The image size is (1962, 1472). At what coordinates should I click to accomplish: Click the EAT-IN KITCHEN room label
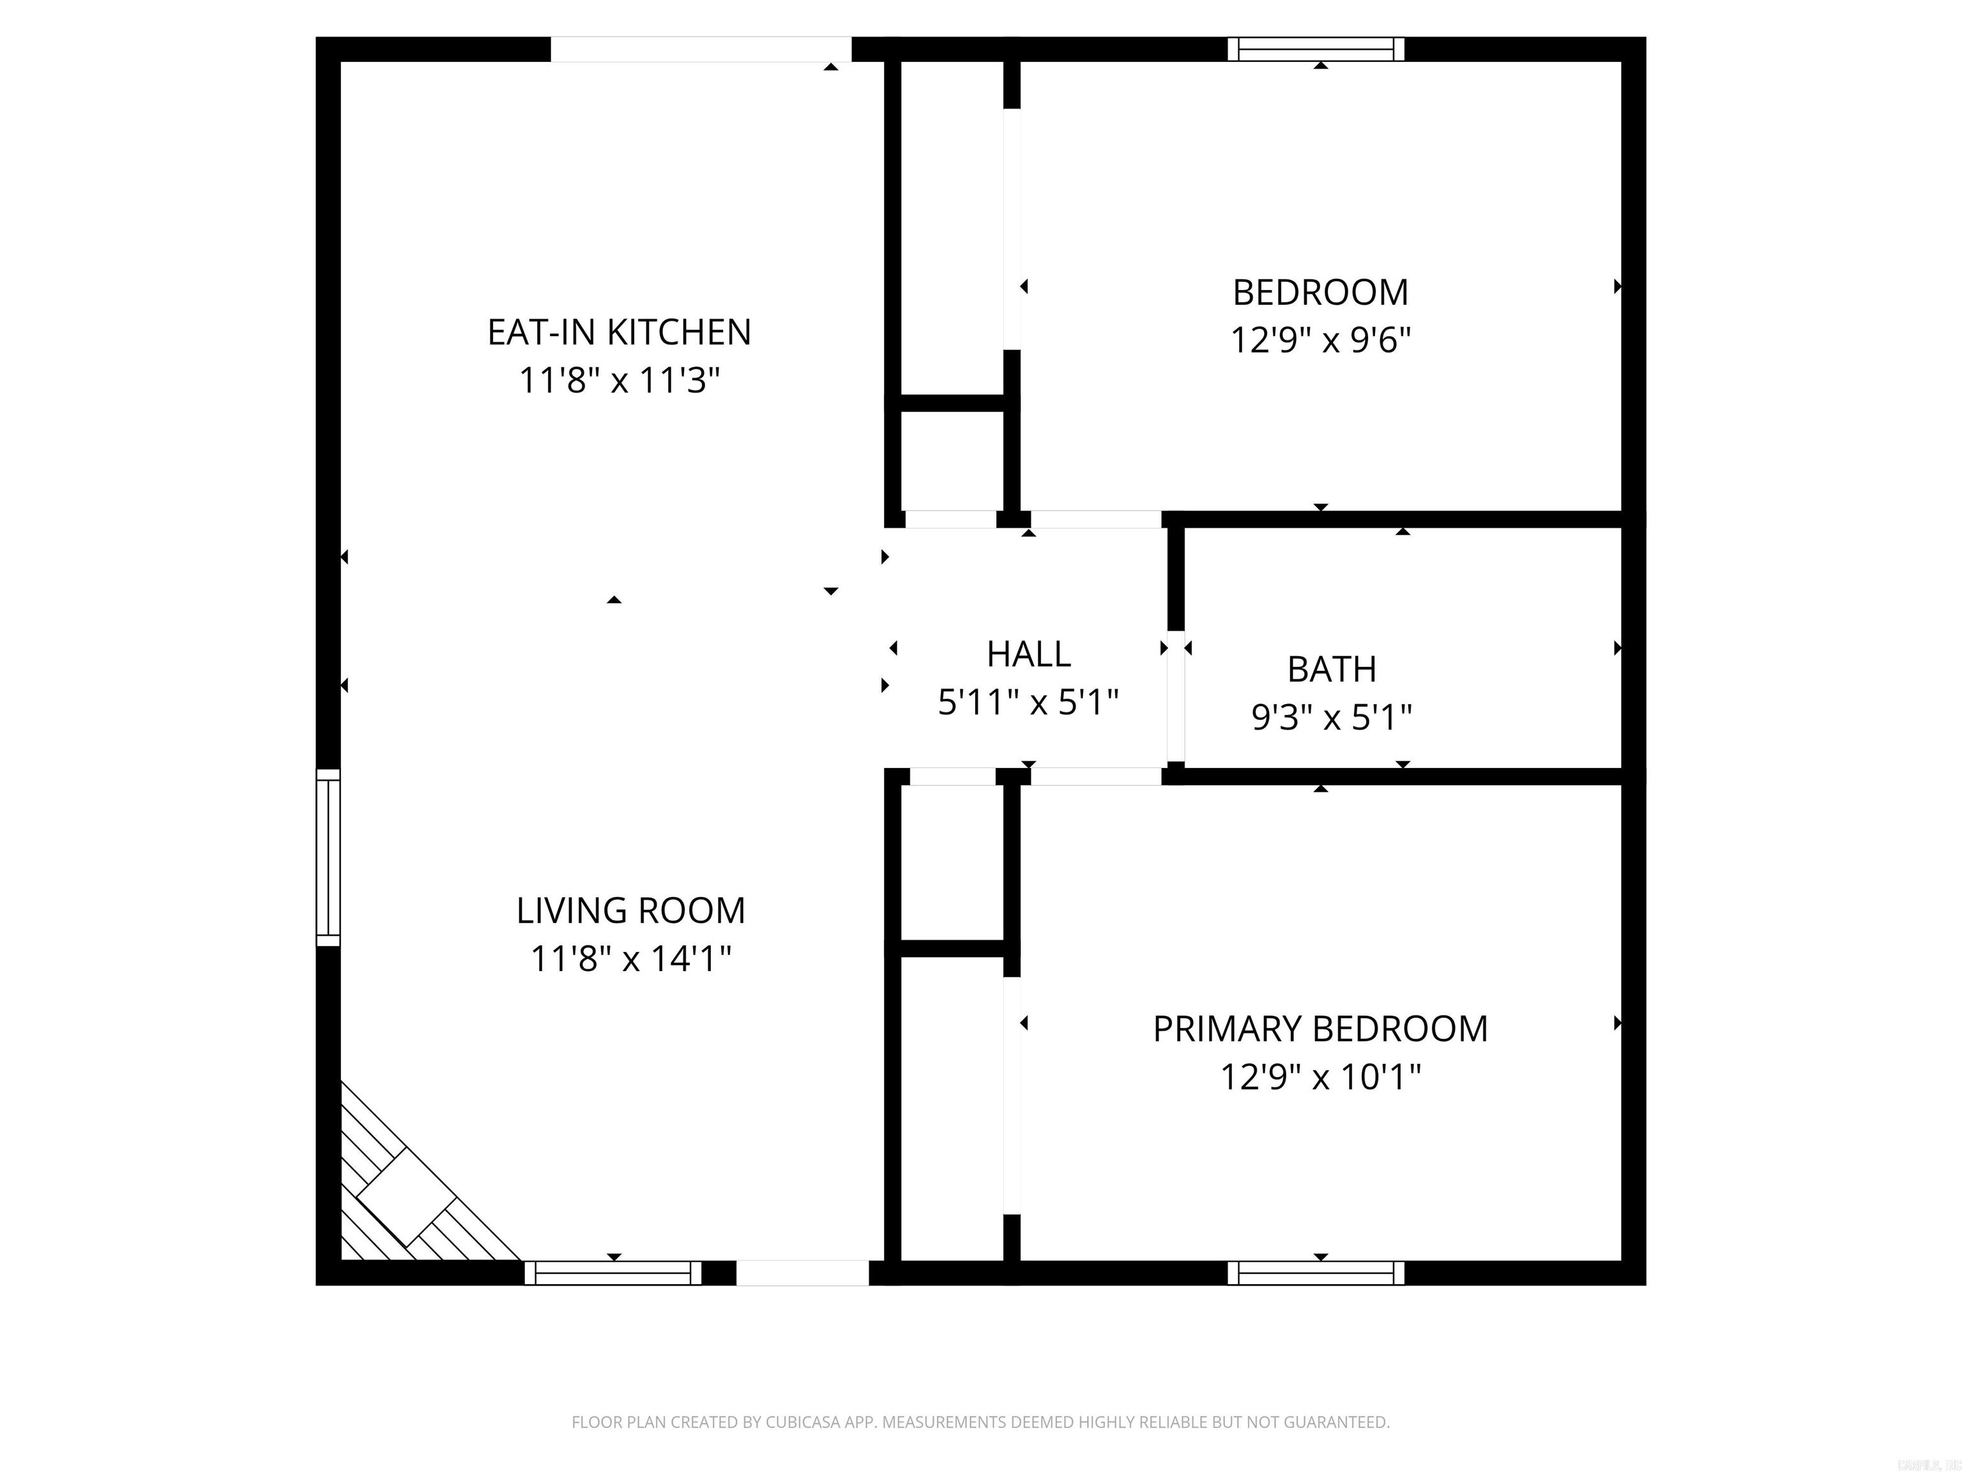(x=619, y=332)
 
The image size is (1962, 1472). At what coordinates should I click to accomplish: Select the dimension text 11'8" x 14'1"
(x=630, y=958)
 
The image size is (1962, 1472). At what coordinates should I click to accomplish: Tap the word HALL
(x=1028, y=654)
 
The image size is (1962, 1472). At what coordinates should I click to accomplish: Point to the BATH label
(x=1332, y=669)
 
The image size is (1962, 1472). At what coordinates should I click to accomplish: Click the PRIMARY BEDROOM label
(x=1320, y=1029)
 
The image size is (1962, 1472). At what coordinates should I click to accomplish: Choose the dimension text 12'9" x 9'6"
(x=1320, y=340)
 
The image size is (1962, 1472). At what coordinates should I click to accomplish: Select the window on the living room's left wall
(x=328, y=857)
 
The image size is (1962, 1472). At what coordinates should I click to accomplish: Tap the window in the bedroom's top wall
(x=1316, y=49)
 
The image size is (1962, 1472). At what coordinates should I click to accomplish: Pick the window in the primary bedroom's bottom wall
(x=1316, y=1273)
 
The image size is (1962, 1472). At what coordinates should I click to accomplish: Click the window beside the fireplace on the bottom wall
(x=613, y=1273)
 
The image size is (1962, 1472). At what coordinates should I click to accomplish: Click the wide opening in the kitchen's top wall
(x=701, y=49)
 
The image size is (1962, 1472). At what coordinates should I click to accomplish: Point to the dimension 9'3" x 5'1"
(x=1332, y=716)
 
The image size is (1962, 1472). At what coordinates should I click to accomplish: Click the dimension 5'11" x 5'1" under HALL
(x=1028, y=703)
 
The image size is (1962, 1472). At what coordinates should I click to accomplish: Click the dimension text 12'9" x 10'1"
(x=1320, y=1077)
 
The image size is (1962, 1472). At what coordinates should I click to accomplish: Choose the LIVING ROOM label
(x=630, y=910)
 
